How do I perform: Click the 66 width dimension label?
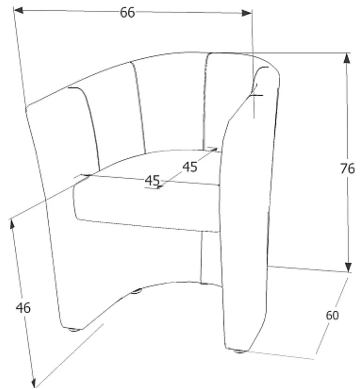127,13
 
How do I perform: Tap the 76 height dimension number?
347,168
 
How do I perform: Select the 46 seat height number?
23,307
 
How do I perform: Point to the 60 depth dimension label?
332,315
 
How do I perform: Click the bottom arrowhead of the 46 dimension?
33,382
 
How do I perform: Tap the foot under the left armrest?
74,329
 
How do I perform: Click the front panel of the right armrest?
244,229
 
